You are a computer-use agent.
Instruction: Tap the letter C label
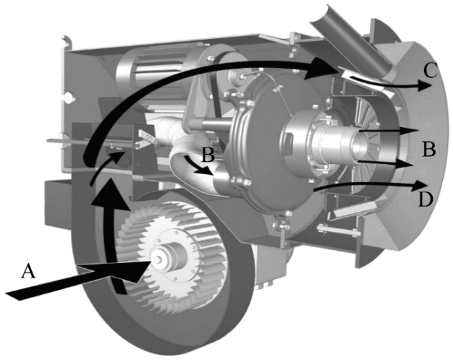tap(431, 70)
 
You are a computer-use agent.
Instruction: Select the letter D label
tap(426, 200)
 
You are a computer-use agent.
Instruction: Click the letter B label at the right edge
tap(428, 150)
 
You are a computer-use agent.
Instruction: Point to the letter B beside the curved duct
tap(208, 155)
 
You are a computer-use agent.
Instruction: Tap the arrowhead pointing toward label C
tap(424, 85)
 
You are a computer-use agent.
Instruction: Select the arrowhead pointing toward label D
tap(421, 185)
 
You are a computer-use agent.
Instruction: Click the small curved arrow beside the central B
tap(197, 165)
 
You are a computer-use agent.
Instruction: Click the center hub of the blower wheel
tap(158, 259)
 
